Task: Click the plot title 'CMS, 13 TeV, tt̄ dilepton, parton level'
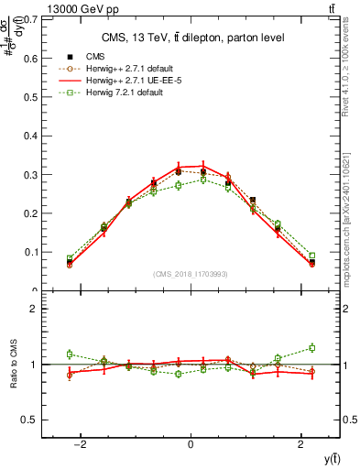[191, 38]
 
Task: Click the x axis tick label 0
[191, 444]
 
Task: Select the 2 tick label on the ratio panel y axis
[34, 309]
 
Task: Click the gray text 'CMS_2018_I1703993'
[191, 274]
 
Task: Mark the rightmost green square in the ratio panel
[311, 347]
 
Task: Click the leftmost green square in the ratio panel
[70, 354]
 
